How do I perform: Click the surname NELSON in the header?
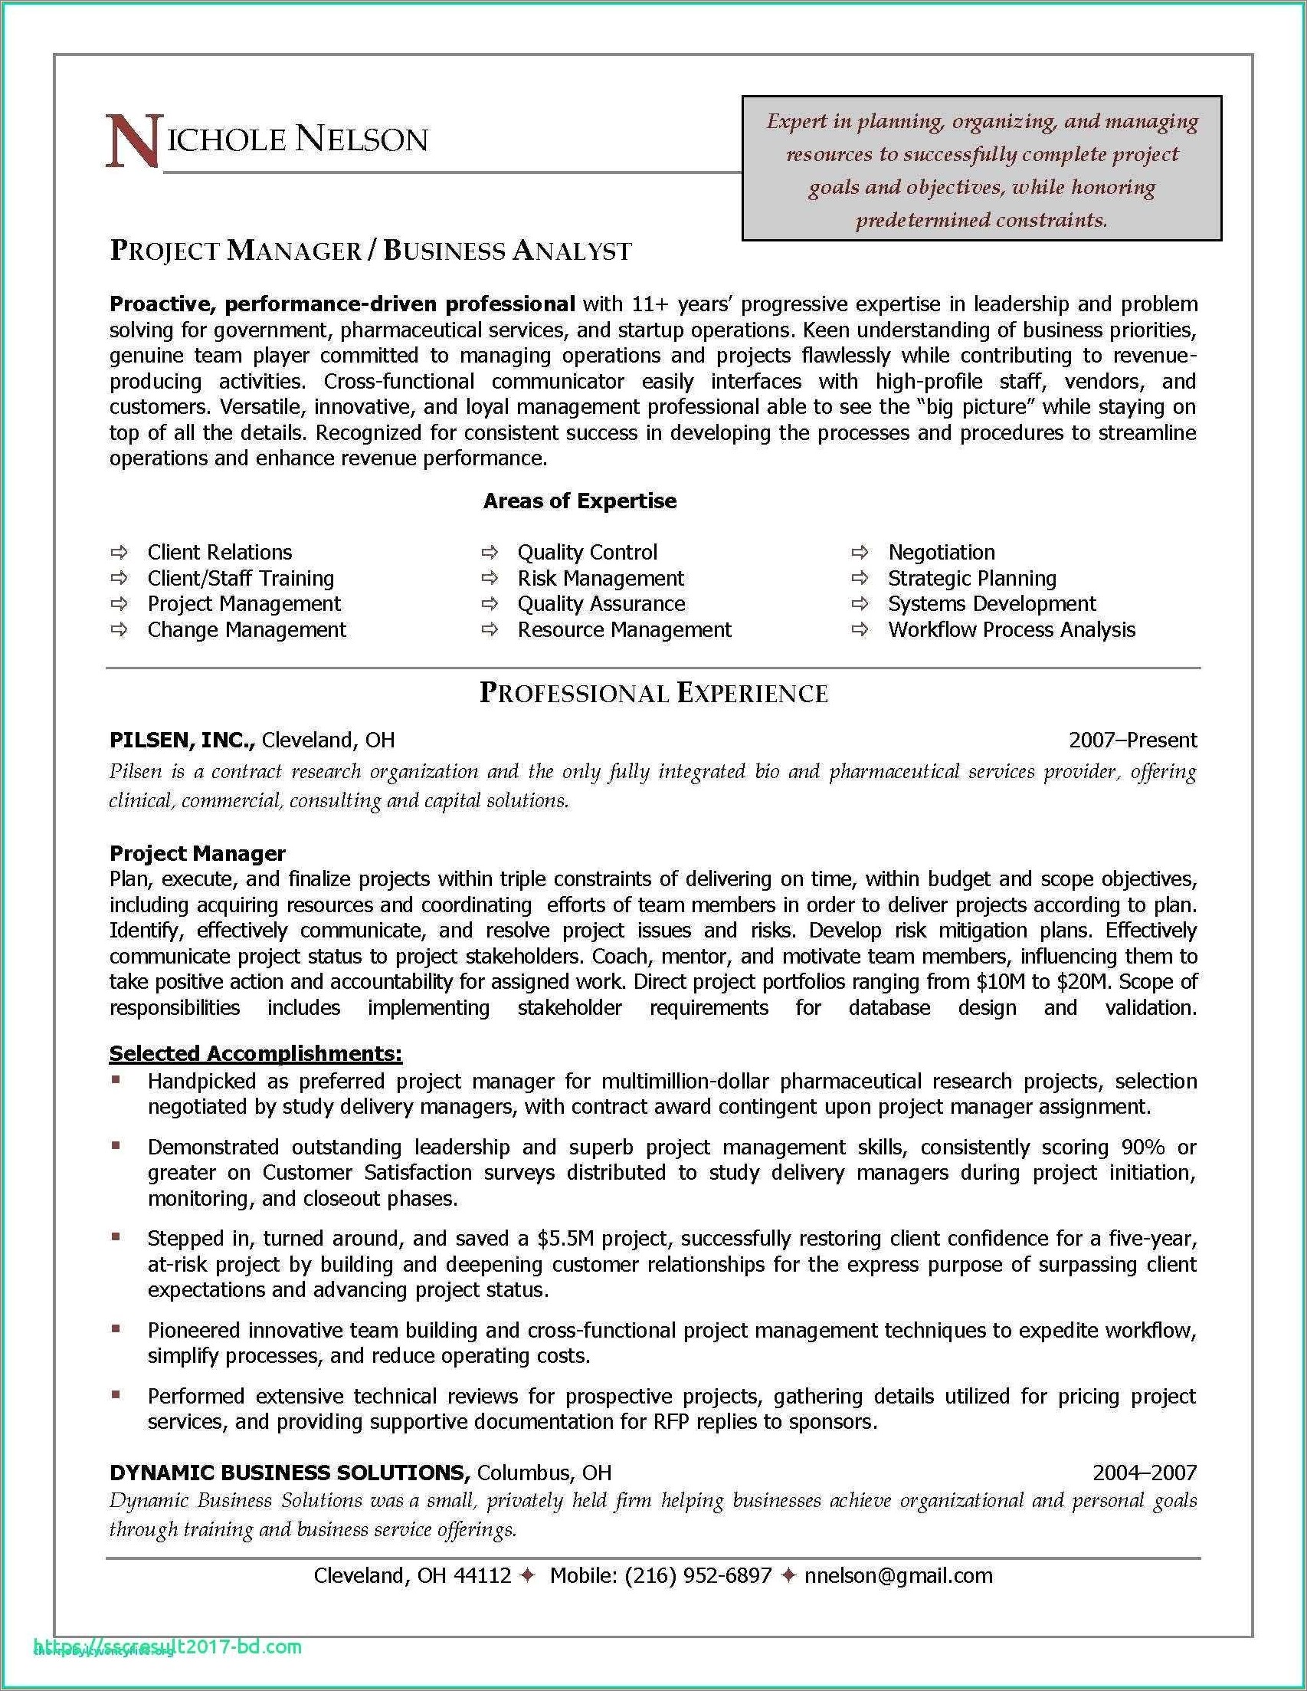click(362, 140)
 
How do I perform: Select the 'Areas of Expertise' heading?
click(580, 501)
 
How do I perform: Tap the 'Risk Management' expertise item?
click(601, 579)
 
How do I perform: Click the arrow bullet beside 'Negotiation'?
click(860, 553)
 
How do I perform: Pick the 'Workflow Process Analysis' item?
click(1011, 629)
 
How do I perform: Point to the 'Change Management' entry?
click(247, 629)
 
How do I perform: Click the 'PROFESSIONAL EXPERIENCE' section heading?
click(654, 693)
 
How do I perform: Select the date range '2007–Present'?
click(1132, 740)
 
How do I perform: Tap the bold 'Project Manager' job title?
click(198, 853)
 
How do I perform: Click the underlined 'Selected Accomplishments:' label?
click(255, 1053)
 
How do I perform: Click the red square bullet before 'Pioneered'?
click(116, 1328)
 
